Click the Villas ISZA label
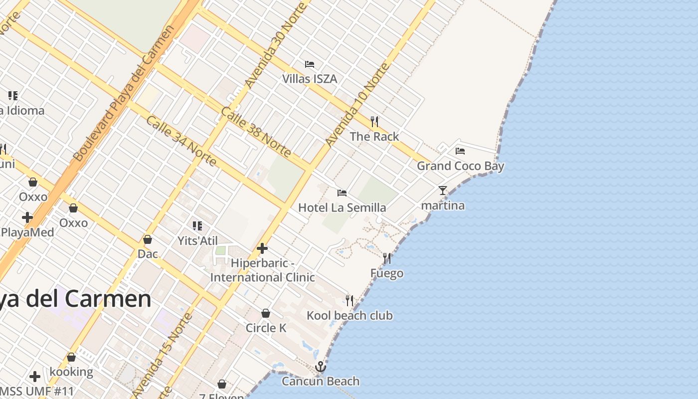tap(310, 79)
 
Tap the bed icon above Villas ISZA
tap(310, 64)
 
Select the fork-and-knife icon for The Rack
tap(374, 121)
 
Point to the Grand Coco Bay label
tap(460, 166)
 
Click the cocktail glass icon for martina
tap(442, 190)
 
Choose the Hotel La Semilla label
tap(342, 207)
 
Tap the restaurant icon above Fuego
tap(387, 258)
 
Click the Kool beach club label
tap(349, 316)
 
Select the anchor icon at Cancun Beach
tap(321, 367)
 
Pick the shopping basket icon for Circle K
tap(266, 313)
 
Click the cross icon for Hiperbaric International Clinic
tap(262, 248)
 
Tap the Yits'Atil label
tap(197, 241)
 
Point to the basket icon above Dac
tap(148, 240)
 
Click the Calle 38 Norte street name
tap(256, 132)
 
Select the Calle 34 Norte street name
tap(181, 141)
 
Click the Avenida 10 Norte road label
tap(356, 105)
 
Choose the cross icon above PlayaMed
tap(27, 217)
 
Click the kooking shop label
tap(71, 372)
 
